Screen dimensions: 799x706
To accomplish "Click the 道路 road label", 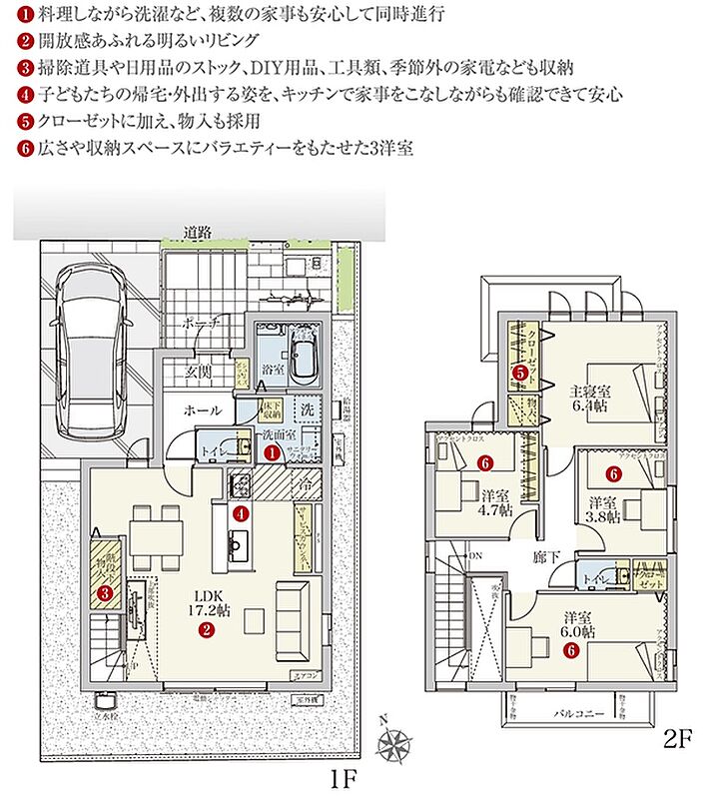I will pos(197,233).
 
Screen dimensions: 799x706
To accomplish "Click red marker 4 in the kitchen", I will pos(241,513).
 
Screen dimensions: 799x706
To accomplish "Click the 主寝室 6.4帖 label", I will pos(591,398).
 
